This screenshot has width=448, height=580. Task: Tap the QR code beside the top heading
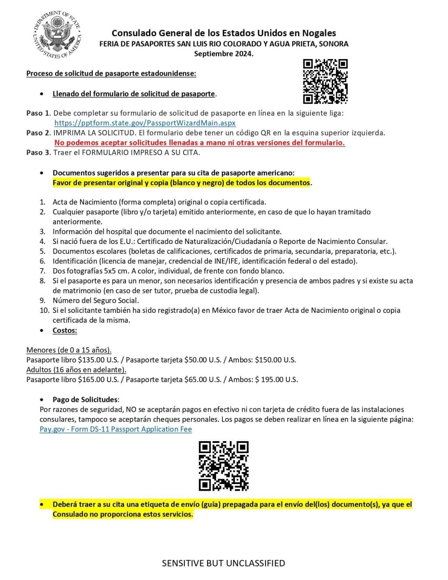pos(325,81)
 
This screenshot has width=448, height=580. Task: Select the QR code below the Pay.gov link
pos(224,466)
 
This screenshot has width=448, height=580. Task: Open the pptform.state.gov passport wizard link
pos(145,123)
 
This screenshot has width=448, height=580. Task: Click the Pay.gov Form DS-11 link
pos(116,429)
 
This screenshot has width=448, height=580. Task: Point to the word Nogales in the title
pos(317,33)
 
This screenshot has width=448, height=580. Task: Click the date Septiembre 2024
pos(224,54)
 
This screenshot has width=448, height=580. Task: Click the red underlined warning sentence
pos(199,142)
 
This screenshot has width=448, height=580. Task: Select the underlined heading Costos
pos(65,330)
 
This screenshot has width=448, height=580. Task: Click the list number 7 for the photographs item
pos(43,271)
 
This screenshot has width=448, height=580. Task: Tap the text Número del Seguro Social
pos(95,300)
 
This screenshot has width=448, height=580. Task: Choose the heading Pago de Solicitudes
pos(85,399)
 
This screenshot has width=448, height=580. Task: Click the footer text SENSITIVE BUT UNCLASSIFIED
pos(223,563)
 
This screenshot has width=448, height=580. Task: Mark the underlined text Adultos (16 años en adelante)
pos(76,370)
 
